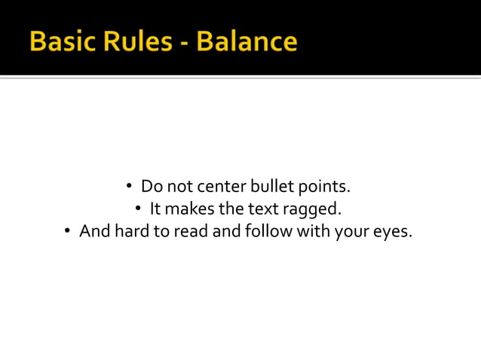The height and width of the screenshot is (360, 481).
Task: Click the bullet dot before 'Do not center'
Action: tap(130, 186)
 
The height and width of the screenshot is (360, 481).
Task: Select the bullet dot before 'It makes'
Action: tap(139, 209)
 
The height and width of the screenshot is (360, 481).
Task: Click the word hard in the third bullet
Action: tap(131, 230)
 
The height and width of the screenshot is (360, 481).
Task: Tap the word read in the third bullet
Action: tap(191, 230)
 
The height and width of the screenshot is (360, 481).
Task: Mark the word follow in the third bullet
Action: tap(268, 230)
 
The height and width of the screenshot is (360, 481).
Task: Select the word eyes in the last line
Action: tap(392, 232)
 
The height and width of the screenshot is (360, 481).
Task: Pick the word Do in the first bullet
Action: tap(151, 185)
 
